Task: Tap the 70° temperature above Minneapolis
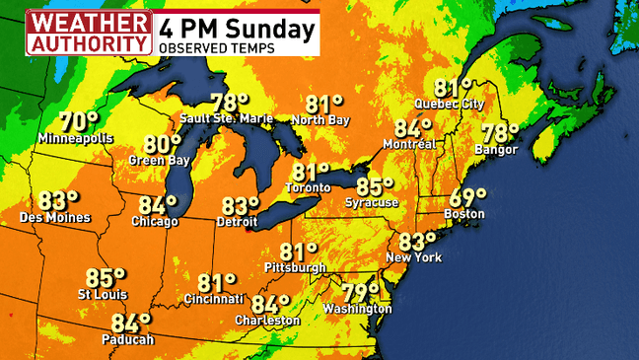tap(79, 122)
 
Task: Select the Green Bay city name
tap(160, 160)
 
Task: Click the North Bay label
tap(320, 121)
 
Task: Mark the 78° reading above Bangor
tap(499, 133)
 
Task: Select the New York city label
tap(414, 258)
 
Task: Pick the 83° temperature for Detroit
tap(239, 206)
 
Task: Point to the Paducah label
tap(128, 340)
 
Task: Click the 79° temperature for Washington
tap(361, 293)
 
